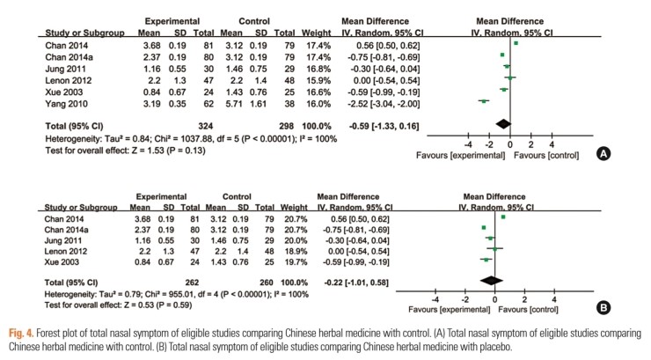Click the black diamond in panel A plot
click(x=502, y=123)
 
